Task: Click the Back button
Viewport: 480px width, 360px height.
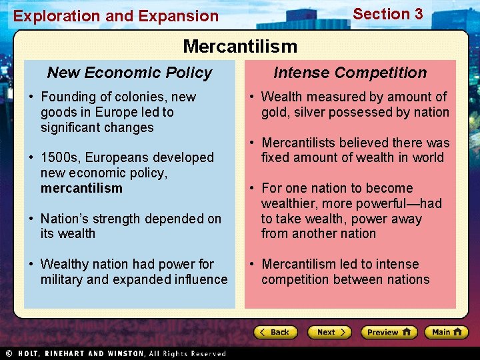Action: (275, 332)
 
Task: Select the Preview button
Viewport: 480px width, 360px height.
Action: (389, 332)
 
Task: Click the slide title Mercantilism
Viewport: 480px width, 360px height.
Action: (240, 46)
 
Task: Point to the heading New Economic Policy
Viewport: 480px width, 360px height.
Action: (129, 73)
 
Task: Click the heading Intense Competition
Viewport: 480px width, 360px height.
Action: (350, 73)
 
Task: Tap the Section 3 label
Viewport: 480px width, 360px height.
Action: (387, 14)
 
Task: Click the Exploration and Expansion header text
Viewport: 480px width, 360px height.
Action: (116, 16)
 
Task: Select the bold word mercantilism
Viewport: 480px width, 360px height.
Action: (81, 188)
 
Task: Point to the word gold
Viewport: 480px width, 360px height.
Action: (275, 112)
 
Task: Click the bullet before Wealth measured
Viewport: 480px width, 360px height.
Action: (253, 97)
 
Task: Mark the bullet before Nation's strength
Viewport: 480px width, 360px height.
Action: (32, 219)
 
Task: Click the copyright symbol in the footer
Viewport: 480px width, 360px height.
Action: (9, 353)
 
